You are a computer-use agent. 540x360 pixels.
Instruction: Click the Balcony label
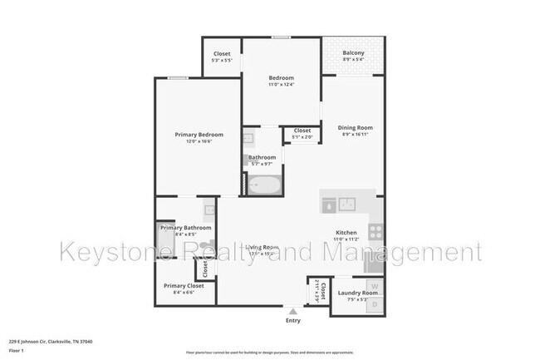pos(353,53)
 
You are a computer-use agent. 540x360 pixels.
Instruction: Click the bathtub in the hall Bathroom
pos(265,186)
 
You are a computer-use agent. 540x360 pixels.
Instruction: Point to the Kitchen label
pos(346,233)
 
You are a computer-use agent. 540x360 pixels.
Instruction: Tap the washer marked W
pos(374,288)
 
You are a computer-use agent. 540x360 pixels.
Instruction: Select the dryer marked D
pos(374,305)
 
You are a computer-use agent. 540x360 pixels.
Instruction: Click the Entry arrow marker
pos(292,311)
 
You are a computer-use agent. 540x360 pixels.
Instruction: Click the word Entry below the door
pos(292,320)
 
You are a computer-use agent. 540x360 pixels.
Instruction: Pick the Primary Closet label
pos(184,285)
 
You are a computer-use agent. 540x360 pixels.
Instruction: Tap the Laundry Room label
pos(358,293)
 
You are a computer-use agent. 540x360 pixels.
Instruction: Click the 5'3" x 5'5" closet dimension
pos(222,60)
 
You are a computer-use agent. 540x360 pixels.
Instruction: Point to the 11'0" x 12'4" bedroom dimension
pos(281,85)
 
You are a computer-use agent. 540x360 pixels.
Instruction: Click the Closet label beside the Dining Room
pos(302,130)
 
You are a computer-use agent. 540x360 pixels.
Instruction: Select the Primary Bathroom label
pos(186,228)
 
